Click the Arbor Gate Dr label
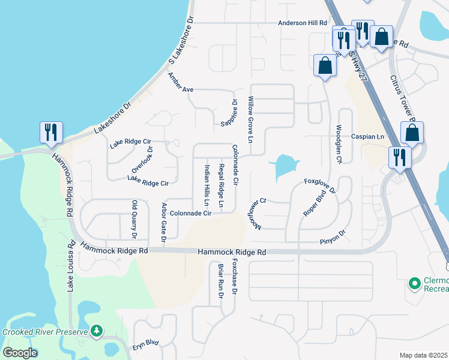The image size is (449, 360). pos(163,223)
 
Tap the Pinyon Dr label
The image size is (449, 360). pos(333,238)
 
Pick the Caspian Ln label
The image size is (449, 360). pos(367,137)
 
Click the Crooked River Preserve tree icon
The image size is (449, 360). pos(96,331)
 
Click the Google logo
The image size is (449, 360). pos(20,353)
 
